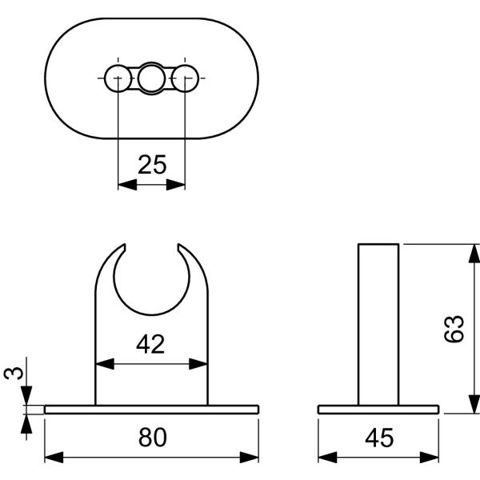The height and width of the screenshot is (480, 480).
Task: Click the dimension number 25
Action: click(152, 166)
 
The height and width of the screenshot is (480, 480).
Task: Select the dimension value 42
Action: click(150, 345)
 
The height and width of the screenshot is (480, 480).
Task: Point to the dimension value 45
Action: click(378, 438)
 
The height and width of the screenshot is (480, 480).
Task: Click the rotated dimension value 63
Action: click(454, 329)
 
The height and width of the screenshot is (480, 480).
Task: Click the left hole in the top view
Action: click(118, 78)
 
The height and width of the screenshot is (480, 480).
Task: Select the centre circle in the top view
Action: click(152, 78)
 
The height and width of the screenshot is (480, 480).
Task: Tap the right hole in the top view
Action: click(186, 78)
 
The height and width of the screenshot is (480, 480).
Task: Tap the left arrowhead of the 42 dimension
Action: click(103, 363)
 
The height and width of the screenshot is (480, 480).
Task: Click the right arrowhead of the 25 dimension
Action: click(179, 184)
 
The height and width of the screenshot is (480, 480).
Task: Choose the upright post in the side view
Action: click(378, 324)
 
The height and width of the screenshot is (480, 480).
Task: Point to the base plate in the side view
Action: click(378, 410)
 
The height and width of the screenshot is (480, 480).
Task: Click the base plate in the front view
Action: click(152, 410)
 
